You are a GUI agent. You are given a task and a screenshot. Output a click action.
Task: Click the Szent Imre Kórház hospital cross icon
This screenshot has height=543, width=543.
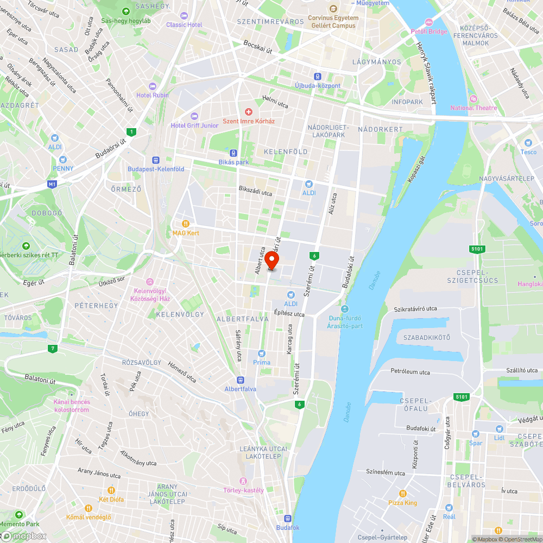click(249, 111)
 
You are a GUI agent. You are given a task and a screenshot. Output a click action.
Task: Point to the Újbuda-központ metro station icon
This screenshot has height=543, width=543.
click(318, 77)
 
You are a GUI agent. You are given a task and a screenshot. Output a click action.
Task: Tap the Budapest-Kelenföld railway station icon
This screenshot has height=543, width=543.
click(156, 160)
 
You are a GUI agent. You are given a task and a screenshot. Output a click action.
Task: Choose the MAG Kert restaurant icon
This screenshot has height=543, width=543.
click(186, 223)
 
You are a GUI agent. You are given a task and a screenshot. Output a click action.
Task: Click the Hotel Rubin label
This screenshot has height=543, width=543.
click(152, 95)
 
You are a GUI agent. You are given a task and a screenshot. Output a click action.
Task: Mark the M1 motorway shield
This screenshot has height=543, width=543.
click(52, 185)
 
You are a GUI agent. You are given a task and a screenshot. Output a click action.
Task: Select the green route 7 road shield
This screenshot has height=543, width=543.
click(52, 348)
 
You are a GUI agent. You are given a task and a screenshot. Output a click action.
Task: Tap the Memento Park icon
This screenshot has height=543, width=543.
click(20, 514)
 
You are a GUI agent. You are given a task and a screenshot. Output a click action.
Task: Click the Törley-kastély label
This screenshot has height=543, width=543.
click(243, 490)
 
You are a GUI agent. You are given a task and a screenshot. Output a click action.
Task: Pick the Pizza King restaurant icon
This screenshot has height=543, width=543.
click(403, 494)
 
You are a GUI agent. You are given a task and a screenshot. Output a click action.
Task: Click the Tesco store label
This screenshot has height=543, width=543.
click(528, 152)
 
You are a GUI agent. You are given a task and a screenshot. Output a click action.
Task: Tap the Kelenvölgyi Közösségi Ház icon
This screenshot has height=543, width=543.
click(149, 281)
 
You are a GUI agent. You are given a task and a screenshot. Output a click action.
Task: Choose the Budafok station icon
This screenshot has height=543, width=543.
click(287, 519)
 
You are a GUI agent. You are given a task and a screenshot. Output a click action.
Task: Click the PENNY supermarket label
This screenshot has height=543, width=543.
click(63, 168)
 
